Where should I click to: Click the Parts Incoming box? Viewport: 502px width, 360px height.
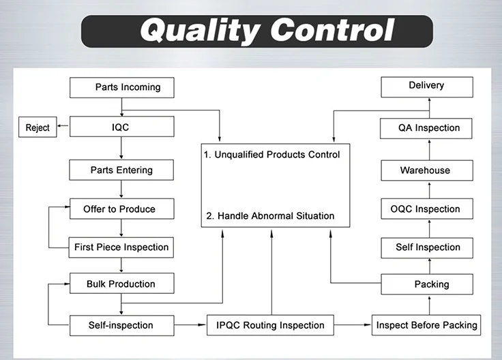click(x=121, y=87)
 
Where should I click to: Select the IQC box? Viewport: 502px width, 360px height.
click(x=121, y=127)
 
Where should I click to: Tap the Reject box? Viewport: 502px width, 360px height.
click(x=38, y=127)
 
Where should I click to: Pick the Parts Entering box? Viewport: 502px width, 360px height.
click(x=121, y=170)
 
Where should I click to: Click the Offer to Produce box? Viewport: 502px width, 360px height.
click(x=121, y=209)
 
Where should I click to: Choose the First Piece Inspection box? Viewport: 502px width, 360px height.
click(x=121, y=247)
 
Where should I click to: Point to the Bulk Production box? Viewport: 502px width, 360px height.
click(x=121, y=284)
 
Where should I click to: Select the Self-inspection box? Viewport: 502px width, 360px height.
click(x=121, y=325)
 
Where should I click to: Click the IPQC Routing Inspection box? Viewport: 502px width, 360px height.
click(x=270, y=325)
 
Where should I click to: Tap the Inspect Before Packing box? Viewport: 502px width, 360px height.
click(x=427, y=325)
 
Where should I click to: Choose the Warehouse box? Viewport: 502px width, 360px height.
click(x=426, y=170)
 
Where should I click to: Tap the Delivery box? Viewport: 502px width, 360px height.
click(x=426, y=86)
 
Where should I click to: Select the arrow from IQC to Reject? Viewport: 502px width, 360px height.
click(x=63, y=127)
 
